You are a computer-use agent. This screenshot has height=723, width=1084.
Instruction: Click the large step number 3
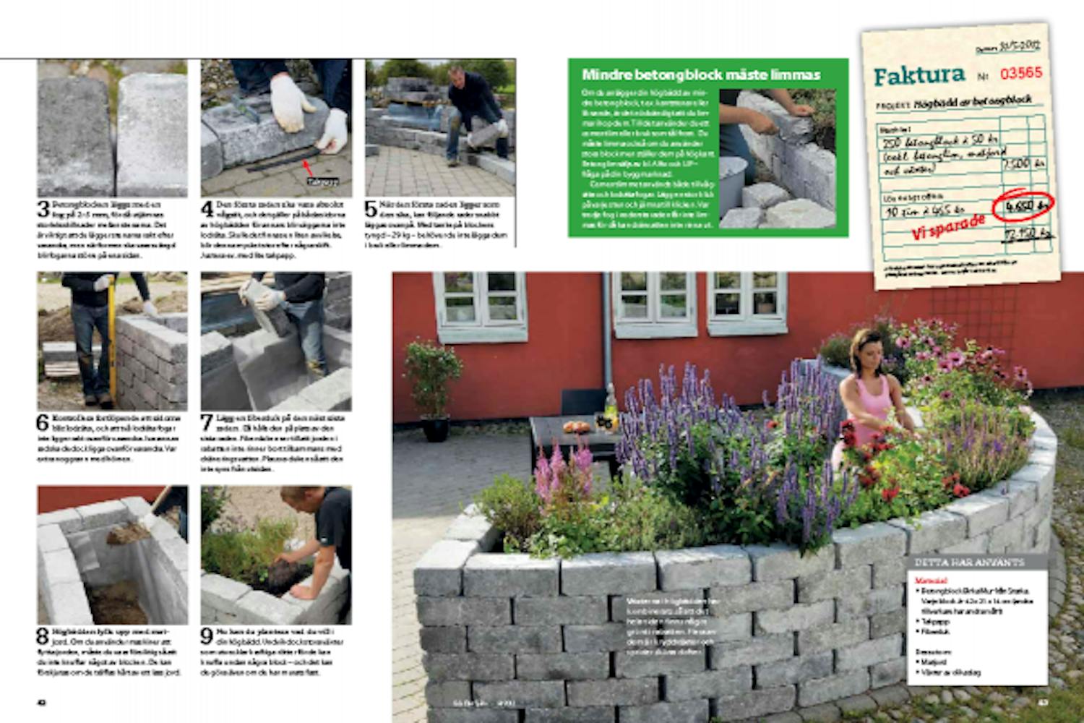pyautogui.click(x=43, y=210)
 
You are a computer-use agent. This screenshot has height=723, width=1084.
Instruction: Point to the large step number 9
pyautogui.click(x=207, y=636)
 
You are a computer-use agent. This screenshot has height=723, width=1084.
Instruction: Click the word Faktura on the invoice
pyautogui.click(x=919, y=74)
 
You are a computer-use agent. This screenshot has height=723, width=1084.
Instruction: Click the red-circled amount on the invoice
pyautogui.click(x=1022, y=207)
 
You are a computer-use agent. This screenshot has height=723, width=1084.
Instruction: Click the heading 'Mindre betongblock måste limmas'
pyautogui.click(x=701, y=75)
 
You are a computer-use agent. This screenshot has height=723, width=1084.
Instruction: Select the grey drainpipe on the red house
pyautogui.click(x=607, y=333)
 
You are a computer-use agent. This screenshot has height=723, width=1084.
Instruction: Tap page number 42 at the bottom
pyautogui.click(x=42, y=702)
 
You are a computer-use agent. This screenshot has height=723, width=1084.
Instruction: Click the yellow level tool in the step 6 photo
pyautogui.click(x=113, y=340)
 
